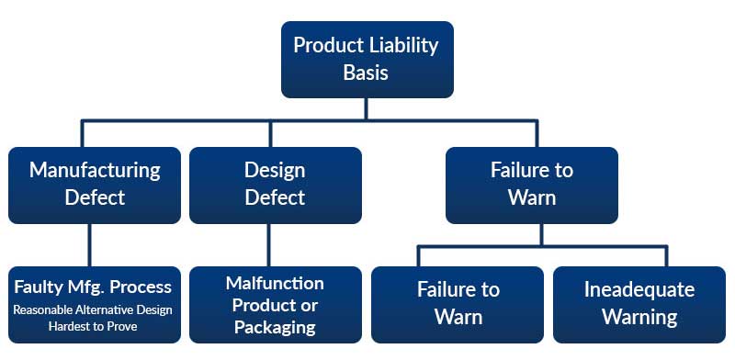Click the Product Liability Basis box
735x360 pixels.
tap(367, 59)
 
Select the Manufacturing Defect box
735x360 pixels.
tap(95, 185)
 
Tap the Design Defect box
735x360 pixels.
tap(275, 185)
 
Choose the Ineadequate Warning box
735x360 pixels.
tap(639, 304)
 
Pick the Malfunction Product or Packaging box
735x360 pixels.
tap(275, 304)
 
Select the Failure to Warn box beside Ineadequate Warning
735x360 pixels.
tap(458, 304)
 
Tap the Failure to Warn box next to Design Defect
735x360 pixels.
tap(531, 185)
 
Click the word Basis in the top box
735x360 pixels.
tap(367, 73)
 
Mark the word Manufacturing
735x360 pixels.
tap(95, 171)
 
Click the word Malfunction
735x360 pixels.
tap(275, 283)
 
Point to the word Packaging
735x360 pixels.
tap(275, 327)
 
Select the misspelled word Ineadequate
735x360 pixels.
tap(639, 290)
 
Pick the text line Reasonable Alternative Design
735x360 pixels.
tap(93, 309)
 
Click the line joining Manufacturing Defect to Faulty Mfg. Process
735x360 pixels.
tap(89, 244)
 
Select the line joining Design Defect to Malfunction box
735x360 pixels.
tap(269, 244)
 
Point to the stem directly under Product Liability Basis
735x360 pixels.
tap(367, 108)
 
